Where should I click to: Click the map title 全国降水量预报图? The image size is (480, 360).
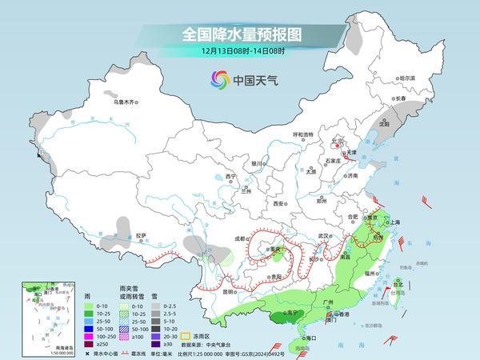point(239,34)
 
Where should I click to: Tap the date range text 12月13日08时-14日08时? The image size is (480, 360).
point(239,52)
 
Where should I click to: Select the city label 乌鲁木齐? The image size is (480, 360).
point(126,102)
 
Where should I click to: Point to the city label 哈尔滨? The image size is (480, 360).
point(408,78)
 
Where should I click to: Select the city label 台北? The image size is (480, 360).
point(398,282)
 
